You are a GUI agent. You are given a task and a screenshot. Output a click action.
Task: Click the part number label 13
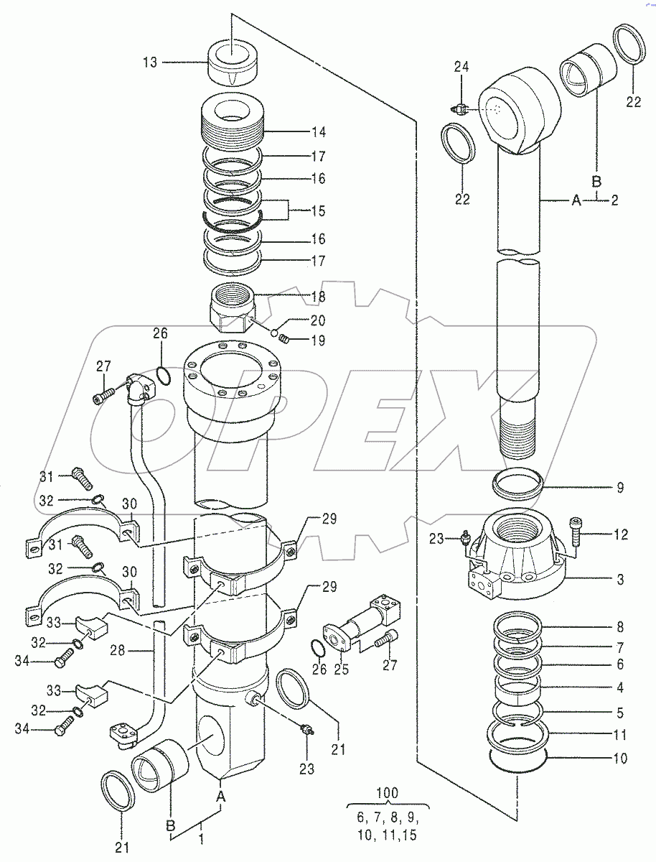click(149, 62)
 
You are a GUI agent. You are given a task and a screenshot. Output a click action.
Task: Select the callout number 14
click(319, 132)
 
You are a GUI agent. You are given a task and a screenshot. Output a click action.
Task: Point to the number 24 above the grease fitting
click(461, 68)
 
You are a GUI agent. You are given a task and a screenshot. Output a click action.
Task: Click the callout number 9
click(620, 488)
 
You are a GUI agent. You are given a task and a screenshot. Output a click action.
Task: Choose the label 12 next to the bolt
click(620, 534)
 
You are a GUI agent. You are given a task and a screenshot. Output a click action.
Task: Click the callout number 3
click(620, 580)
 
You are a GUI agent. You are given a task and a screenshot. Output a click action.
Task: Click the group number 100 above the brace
click(388, 794)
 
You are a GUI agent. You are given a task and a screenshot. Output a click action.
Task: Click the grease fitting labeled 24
click(459, 109)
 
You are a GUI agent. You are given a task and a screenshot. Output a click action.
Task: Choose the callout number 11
click(620, 735)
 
